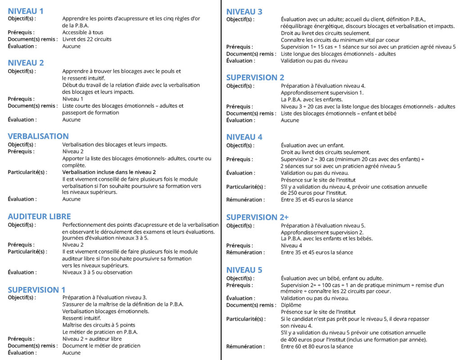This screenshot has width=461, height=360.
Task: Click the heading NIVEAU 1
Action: tap(26, 11)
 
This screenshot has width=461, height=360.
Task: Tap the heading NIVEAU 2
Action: tap(26, 63)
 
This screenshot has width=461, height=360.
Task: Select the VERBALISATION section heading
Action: tap(38, 136)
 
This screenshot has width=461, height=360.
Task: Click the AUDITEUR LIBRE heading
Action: tap(39, 217)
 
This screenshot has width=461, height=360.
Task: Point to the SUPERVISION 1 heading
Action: tap(36, 290)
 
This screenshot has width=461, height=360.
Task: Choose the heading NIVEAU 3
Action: tap(244, 12)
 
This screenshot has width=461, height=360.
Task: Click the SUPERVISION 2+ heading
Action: tap(258, 217)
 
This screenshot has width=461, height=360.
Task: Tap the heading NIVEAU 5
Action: tap(244, 270)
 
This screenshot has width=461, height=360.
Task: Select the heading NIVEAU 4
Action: tap(244, 137)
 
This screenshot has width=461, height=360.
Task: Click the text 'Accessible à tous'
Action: tap(83, 32)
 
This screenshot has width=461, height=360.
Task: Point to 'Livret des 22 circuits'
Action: tap(87, 39)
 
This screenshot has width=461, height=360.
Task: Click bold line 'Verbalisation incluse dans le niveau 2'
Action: tap(109, 172)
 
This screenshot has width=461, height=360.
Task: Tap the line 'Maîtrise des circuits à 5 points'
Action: tap(99, 325)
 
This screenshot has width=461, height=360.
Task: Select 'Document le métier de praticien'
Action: tap(101, 346)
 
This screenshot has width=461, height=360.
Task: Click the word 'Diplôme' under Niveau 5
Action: tap(291, 305)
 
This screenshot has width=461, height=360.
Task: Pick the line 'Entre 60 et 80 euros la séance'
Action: tap(317, 346)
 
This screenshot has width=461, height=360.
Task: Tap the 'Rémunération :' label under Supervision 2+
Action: tap(245, 252)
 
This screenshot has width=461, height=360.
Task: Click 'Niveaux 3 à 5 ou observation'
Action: tap(97, 272)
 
